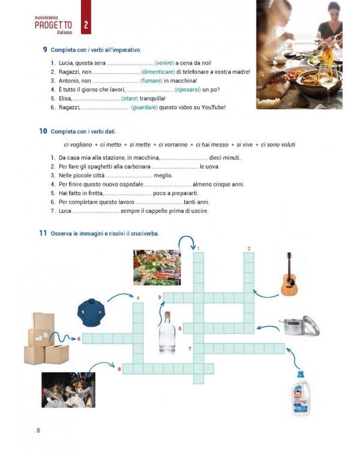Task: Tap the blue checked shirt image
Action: click(x=91, y=312)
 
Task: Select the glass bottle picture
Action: click(x=167, y=335)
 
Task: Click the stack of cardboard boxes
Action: click(x=46, y=339)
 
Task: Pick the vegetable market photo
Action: click(x=156, y=267)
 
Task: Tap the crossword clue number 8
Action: click(x=119, y=368)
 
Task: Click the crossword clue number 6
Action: click(x=79, y=338)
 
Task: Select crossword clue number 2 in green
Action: click(x=249, y=248)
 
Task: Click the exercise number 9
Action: click(x=45, y=49)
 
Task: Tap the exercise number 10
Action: click(x=43, y=131)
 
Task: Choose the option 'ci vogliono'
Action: click(x=78, y=145)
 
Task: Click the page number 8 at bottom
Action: click(x=38, y=430)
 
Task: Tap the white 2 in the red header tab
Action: click(x=86, y=25)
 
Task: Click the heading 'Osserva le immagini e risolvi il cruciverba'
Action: click(x=105, y=233)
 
